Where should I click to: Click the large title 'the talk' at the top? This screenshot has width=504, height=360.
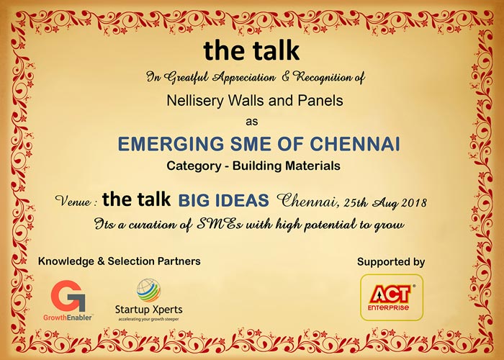tap(251, 50)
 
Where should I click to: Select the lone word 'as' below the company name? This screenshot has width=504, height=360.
tap(252, 122)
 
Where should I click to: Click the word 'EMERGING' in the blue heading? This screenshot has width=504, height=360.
tap(171, 144)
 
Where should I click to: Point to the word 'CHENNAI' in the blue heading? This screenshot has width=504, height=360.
tap(355, 144)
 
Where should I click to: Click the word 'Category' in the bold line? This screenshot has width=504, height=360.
tap(194, 166)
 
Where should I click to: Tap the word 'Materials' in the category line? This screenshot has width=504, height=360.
tap(312, 166)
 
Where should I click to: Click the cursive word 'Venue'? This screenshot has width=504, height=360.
tap(73, 201)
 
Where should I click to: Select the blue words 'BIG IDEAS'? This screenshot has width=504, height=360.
tap(223, 200)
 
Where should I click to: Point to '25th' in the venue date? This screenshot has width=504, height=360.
tap(355, 202)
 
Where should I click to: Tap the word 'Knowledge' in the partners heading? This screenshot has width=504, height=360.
tap(66, 261)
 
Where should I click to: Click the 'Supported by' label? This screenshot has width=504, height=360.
tap(391, 262)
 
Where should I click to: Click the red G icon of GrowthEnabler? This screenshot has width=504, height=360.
tap(68, 295)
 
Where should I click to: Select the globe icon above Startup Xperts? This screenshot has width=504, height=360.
tap(148, 290)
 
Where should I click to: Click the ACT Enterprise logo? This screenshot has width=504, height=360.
tap(392, 297)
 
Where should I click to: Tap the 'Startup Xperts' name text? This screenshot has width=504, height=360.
tap(149, 310)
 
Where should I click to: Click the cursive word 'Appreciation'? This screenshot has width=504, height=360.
tap(244, 77)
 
